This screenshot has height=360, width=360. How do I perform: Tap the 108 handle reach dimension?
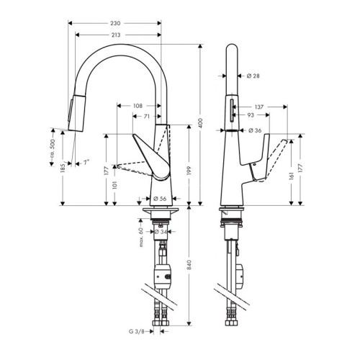[138, 106]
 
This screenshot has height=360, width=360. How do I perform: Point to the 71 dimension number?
[147, 115]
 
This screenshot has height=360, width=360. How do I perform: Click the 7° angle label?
[86, 165]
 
